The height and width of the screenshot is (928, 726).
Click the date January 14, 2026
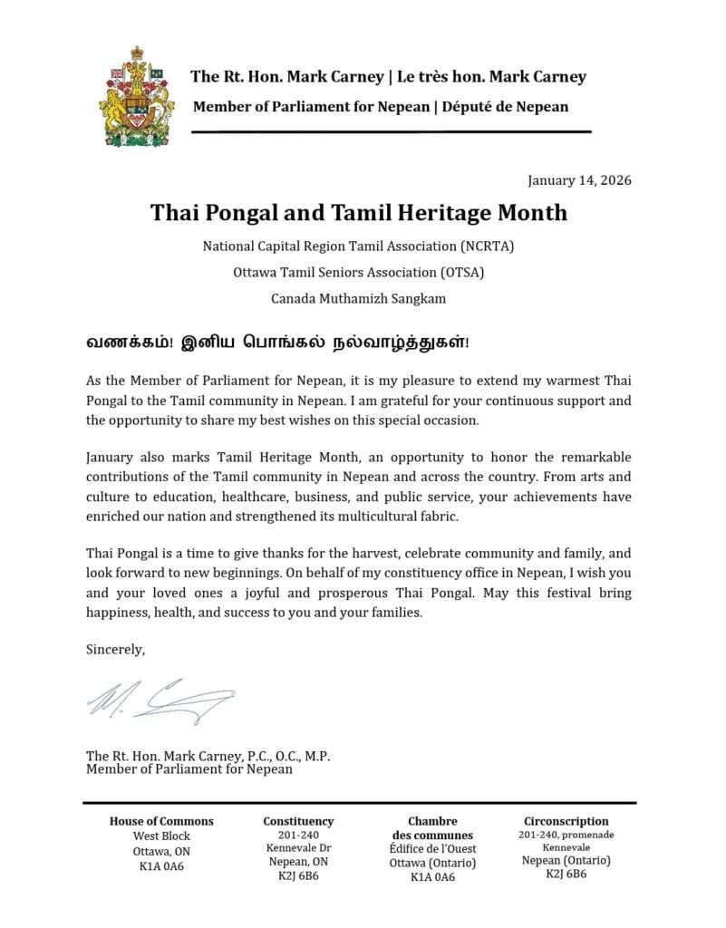(x=579, y=179)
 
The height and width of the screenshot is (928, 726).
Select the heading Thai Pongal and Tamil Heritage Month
(x=359, y=213)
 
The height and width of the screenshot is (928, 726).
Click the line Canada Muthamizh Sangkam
(x=359, y=297)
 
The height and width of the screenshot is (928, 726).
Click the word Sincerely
(x=115, y=649)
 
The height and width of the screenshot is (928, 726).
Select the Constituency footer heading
(x=298, y=821)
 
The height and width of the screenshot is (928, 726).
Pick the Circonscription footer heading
(x=566, y=821)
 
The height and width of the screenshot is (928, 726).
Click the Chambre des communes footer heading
(x=432, y=827)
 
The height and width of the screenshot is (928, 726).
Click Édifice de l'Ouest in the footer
(x=432, y=849)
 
